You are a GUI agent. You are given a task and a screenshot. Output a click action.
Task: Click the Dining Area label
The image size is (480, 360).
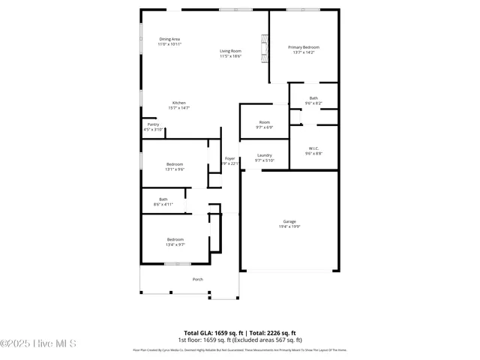[x=169, y=39]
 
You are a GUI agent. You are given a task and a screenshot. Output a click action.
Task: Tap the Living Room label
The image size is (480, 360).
[x=230, y=50]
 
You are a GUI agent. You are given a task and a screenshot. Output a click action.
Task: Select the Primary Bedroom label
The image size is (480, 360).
[x=304, y=47]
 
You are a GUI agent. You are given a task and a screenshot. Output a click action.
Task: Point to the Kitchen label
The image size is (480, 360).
[x=178, y=103]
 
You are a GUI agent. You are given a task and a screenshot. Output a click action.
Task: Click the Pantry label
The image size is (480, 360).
[x=153, y=124]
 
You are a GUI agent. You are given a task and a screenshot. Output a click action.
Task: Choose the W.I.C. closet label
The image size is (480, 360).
[x=313, y=148]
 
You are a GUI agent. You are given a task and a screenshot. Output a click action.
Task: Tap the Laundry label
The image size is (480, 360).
[x=265, y=155]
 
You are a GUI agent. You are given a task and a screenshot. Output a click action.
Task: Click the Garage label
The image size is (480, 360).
[x=289, y=221]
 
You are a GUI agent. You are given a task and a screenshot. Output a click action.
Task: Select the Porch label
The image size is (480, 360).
[x=198, y=280]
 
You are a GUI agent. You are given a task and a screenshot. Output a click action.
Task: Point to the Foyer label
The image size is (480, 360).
[x=230, y=158]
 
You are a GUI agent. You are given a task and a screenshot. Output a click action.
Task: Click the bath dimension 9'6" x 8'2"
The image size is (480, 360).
[x=313, y=103]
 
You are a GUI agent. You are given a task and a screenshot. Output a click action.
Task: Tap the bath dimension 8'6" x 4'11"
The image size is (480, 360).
[x=163, y=204]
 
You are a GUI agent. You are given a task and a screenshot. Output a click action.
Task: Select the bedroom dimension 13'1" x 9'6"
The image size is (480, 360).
[x=174, y=169]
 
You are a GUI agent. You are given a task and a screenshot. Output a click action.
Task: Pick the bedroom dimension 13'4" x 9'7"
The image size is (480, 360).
[x=175, y=244]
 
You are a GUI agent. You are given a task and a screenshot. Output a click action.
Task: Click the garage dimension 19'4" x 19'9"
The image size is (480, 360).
[x=289, y=226]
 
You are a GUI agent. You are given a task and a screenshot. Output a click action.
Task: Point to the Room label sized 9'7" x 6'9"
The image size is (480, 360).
[x=264, y=122]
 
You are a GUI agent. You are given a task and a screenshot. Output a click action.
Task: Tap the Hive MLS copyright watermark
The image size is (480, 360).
[x=38, y=343]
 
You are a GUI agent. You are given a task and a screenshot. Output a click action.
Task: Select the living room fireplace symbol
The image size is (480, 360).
[x=263, y=48]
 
